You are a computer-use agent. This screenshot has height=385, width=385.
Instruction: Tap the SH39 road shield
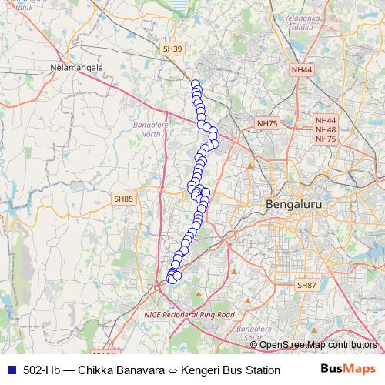[x=172, y=49]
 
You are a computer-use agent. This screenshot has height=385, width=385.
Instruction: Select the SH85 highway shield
[x=123, y=199]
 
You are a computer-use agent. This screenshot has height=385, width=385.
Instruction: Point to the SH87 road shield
[x=306, y=285]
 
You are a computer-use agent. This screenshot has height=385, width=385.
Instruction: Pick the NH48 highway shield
[x=326, y=130]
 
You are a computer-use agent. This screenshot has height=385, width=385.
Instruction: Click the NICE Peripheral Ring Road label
[x=189, y=315]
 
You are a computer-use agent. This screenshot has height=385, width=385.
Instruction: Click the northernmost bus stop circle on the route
[x=196, y=85]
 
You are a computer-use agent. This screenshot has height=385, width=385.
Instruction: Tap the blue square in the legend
[x=9, y=369]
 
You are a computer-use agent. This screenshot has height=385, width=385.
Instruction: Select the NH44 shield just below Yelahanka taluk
[x=302, y=70]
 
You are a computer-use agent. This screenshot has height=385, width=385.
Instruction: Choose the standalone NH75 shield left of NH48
[x=266, y=123]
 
